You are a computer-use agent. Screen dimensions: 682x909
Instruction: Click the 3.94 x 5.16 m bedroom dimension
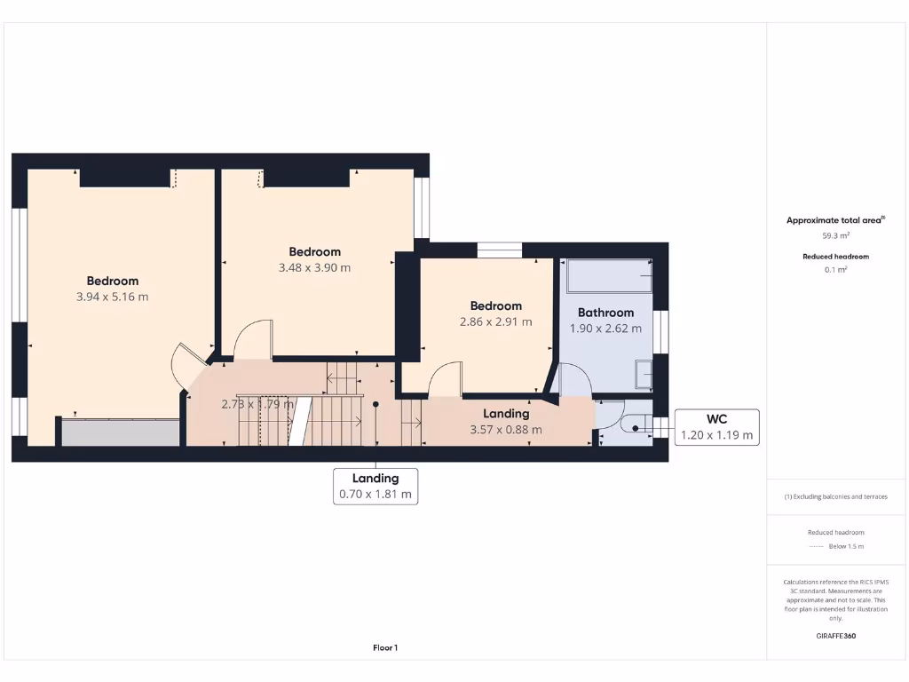click(112, 297)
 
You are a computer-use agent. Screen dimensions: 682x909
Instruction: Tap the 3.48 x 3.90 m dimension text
click(314, 267)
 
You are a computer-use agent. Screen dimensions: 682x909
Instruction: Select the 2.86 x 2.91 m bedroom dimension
click(495, 321)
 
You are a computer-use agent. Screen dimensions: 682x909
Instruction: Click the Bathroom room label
click(605, 313)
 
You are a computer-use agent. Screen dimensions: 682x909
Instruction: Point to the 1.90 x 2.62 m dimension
click(605, 329)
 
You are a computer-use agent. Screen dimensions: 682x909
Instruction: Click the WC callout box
click(716, 427)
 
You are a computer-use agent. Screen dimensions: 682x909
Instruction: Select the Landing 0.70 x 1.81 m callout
click(375, 487)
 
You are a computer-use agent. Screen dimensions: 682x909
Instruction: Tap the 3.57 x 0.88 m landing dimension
click(506, 430)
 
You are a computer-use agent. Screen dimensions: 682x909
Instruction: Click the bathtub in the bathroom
click(609, 276)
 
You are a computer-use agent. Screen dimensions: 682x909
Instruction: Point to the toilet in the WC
click(633, 427)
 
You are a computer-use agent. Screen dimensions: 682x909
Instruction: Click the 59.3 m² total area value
click(835, 236)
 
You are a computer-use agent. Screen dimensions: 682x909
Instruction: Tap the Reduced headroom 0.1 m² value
click(835, 269)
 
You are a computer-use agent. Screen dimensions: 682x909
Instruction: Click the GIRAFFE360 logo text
click(835, 636)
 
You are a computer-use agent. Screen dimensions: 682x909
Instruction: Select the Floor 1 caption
click(385, 648)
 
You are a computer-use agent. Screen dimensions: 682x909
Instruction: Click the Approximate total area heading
click(835, 220)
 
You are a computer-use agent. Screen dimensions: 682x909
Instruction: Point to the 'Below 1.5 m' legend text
click(845, 546)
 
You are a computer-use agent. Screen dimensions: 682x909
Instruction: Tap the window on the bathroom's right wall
click(660, 330)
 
